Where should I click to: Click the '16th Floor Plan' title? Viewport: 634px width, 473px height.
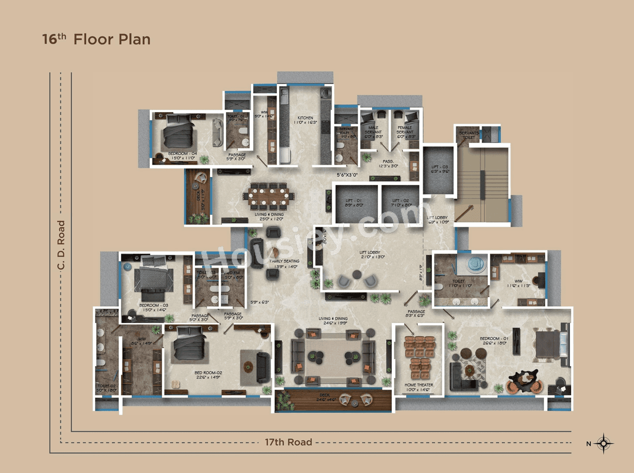96,39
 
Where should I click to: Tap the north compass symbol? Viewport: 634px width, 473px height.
603,443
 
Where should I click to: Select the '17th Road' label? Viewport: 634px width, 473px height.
288,442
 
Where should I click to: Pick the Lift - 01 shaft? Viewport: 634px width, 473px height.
354,203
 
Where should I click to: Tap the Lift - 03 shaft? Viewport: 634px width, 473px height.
439,170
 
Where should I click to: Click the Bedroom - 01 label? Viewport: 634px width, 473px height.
493,341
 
